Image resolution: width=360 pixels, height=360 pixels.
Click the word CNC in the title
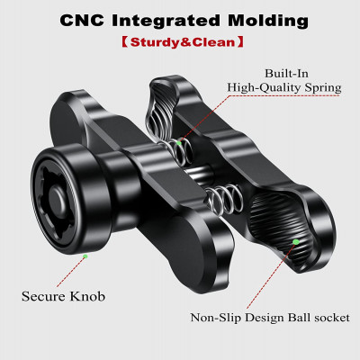tap(82, 21)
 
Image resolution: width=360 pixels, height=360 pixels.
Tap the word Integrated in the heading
tap(166, 21)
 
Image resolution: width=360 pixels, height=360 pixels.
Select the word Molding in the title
tap(268, 21)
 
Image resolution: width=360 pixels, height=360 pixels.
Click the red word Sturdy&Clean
tap(183, 42)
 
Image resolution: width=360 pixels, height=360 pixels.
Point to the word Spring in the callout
tap(323, 88)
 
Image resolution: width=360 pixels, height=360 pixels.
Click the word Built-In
tap(286, 73)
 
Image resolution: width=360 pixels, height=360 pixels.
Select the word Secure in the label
tap(43, 296)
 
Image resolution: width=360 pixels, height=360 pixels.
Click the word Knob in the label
tap(87, 296)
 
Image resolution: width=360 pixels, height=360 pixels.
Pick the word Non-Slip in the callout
tap(216, 318)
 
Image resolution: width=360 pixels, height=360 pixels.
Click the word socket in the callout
tap(332, 318)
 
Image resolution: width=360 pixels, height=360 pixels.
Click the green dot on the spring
tap(179, 143)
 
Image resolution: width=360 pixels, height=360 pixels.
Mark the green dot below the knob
tap(85, 256)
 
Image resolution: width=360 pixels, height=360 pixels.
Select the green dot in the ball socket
tap(296, 241)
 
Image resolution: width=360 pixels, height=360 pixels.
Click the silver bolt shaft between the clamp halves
tap(199, 174)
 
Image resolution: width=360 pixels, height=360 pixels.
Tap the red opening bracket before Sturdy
tap(125, 42)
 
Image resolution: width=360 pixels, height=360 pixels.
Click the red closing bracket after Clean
tap(240, 42)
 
